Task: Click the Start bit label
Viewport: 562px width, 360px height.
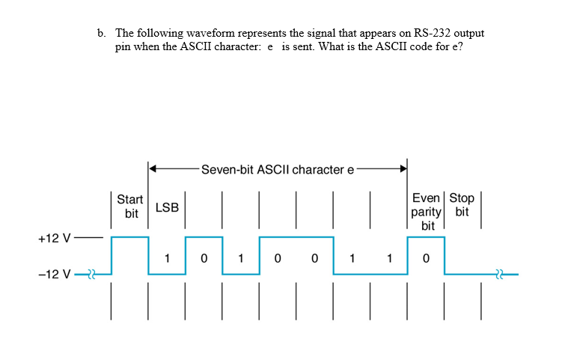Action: tap(130, 206)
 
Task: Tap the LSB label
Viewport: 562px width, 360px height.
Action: tap(167, 207)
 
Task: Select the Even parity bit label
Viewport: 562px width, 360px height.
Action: tap(427, 211)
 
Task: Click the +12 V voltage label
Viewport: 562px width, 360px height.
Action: tap(53, 239)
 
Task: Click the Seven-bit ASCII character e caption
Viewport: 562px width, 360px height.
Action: tap(277, 169)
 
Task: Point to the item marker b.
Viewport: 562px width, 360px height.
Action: tap(101, 34)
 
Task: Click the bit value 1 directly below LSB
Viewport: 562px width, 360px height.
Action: tap(167, 260)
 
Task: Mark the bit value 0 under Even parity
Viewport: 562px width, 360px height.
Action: tap(426, 260)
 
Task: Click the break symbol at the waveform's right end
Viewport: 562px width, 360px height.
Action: tap(499, 275)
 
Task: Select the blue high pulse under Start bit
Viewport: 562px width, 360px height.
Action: tap(129, 238)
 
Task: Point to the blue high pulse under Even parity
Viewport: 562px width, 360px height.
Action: tap(426, 238)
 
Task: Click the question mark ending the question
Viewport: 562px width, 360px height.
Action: tap(469, 46)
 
